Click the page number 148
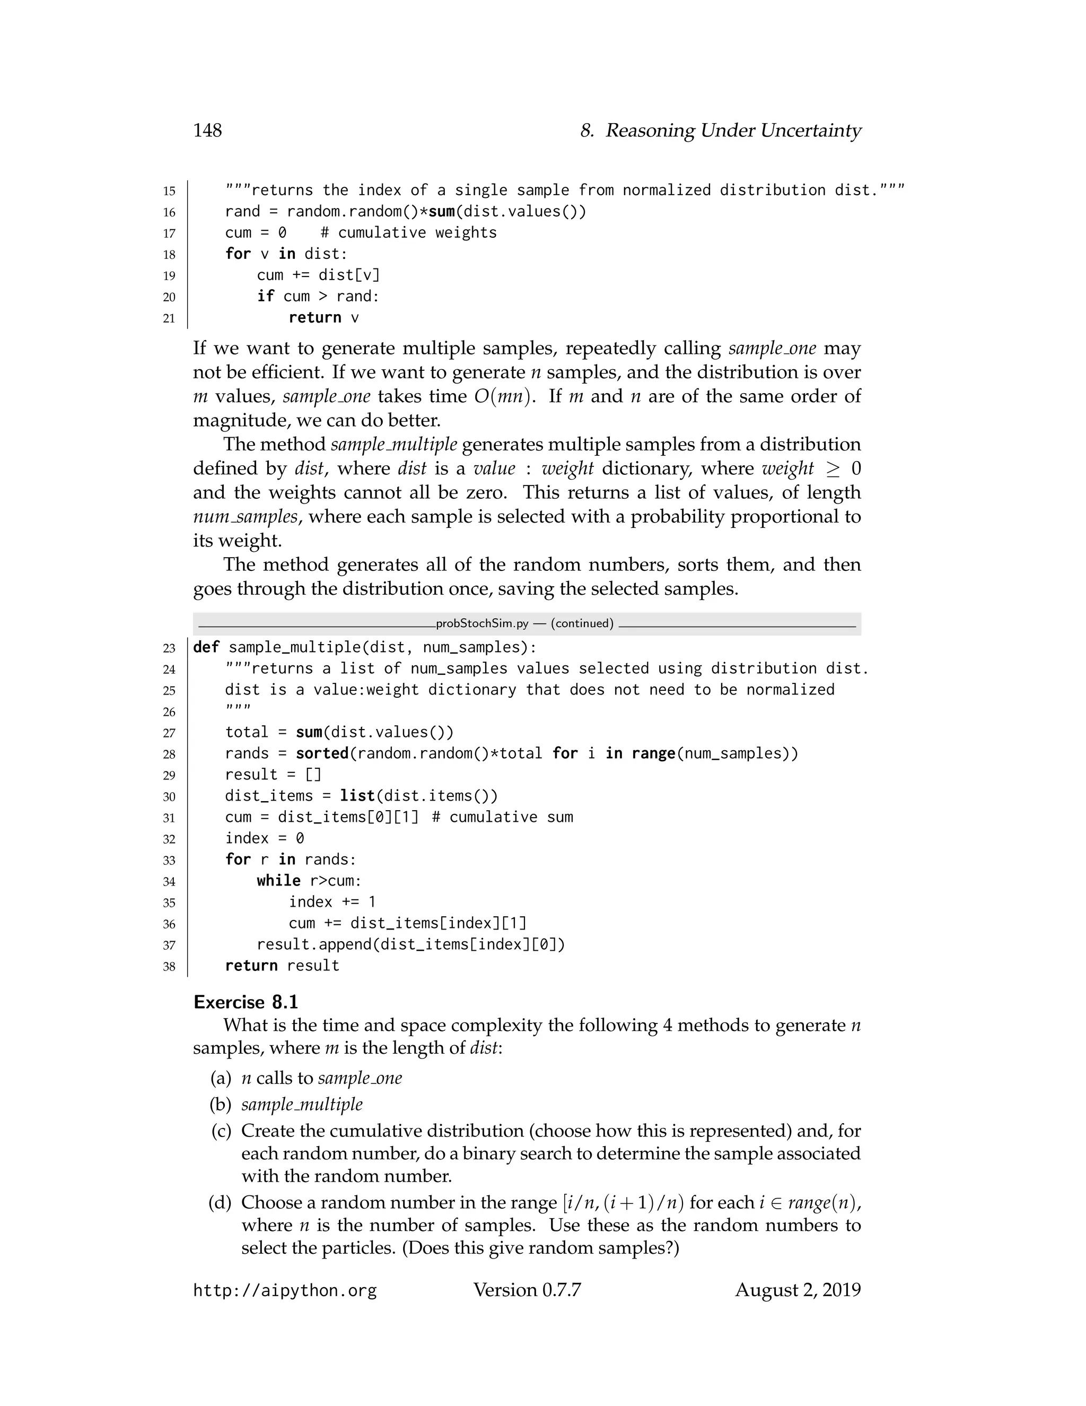click(207, 131)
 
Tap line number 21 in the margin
click(169, 318)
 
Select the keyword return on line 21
click(314, 318)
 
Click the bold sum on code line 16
click(442, 212)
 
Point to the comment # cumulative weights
click(408, 233)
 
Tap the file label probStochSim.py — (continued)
click(524, 623)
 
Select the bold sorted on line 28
click(322, 754)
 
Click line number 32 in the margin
click(169, 839)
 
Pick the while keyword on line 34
click(278, 881)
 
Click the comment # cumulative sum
click(503, 818)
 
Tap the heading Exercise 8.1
click(246, 1002)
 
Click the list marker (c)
click(221, 1131)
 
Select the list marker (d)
click(220, 1203)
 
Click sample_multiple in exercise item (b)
click(302, 1105)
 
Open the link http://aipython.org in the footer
click(285, 1291)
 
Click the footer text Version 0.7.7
click(527, 1290)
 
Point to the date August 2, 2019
click(797, 1290)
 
